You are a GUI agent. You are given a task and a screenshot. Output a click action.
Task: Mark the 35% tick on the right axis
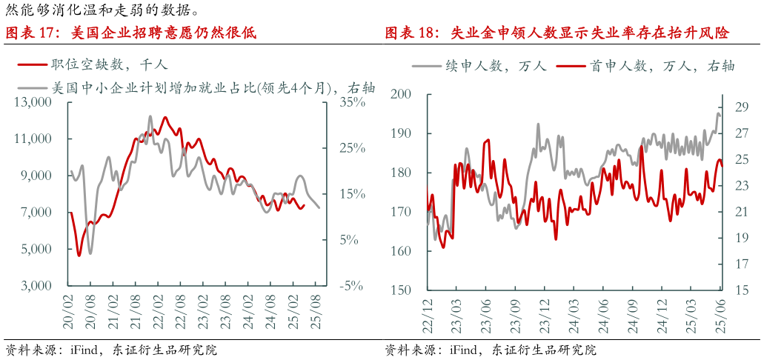(353, 102)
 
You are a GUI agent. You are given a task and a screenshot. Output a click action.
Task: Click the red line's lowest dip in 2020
(79, 256)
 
